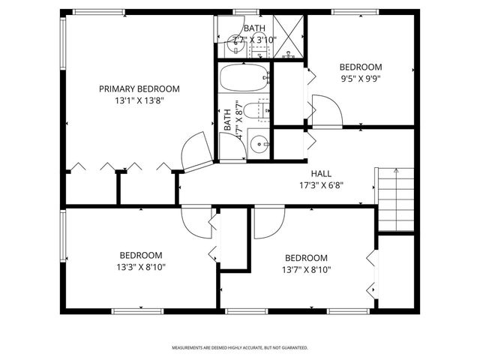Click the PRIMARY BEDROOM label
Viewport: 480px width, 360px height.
click(x=139, y=88)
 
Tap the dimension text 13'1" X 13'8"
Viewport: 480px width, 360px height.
click(x=139, y=100)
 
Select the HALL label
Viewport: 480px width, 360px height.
click(x=311, y=172)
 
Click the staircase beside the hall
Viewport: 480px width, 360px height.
click(x=395, y=199)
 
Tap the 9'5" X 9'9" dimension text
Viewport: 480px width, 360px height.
click(x=361, y=77)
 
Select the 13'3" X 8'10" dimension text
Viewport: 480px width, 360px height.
click(x=141, y=266)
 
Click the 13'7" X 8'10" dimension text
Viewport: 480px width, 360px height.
click(x=306, y=269)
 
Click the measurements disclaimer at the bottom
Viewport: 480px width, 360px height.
click(x=240, y=348)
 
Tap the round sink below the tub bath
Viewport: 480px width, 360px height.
click(x=258, y=142)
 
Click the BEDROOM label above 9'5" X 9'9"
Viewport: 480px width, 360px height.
click(x=361, y=66)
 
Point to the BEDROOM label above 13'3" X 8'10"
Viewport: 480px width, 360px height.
click(x=141, y=254)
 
